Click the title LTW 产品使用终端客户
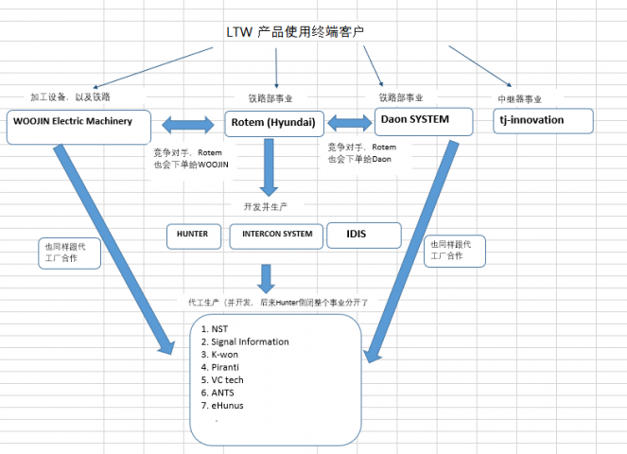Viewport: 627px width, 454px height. coord(295,32)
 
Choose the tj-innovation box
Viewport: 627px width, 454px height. coord(544,121)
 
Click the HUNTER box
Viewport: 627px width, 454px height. coord(194,235)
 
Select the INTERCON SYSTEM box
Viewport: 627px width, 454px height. coord(276,236)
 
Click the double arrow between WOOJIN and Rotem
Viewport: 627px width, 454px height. coord(189,124)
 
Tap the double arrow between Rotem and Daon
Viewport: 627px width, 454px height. coord(349,123)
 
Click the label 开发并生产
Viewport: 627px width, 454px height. coord(266,205)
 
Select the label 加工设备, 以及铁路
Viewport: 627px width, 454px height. coord(69,96)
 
